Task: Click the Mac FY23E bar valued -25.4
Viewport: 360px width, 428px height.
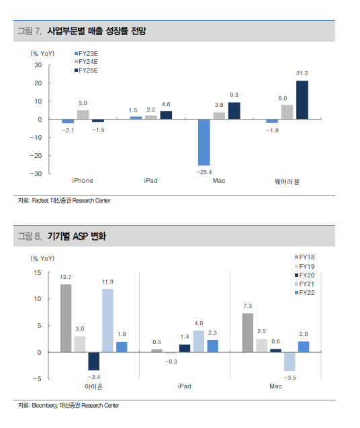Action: [x=204, y=142]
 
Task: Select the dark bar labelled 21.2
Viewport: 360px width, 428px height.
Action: [x=302, y=100]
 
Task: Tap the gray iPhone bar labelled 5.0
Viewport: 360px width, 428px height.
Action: [x=83, y=115]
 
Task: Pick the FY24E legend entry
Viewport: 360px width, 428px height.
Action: [x=86, y=62]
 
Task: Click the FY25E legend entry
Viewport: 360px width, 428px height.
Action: [x=86, y=71]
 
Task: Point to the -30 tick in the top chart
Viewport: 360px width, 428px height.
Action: [x=36, y=174]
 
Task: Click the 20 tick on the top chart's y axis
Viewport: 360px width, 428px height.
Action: [x=38, y=83]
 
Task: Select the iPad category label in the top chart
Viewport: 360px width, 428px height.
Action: [x=150, y=181]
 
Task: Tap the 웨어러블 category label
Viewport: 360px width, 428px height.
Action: [x=287, y=181]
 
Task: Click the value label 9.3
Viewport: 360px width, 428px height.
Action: [x=234, y=95]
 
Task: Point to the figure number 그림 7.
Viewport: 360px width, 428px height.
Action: [x=30, y=31]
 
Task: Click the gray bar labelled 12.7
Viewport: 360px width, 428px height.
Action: [x=66, y=318]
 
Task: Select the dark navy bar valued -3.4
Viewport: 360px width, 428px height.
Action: [x=93, y=361]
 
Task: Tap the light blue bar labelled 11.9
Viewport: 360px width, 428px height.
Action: [x=107, y=320]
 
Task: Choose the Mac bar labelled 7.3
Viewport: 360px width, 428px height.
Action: [x=248, y=333]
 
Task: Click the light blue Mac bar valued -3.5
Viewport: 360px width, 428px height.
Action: [x=289, y=361]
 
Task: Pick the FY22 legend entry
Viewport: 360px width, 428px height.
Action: [x=305, y=293]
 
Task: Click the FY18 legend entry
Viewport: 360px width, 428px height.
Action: [x=305, y=257]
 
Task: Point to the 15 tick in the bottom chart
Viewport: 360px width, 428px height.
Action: [x=38, y=273]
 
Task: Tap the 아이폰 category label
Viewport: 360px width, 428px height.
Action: [x=93, y=386]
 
